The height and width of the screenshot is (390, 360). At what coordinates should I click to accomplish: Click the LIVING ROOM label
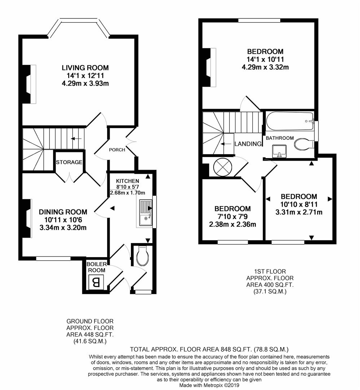(x=85, y=68)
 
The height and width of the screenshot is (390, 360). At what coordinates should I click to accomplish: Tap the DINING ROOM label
(x=63, y=212)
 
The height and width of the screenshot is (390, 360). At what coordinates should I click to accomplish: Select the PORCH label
(x=118, y=150)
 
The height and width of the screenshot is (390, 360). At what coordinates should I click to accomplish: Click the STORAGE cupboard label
(x=69, y=162)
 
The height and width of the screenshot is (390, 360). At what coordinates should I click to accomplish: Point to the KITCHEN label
(x=127, y=181)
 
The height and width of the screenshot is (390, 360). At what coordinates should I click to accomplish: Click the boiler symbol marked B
(x=96, y=282)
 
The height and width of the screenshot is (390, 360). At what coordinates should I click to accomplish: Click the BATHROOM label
(x=280, y=138)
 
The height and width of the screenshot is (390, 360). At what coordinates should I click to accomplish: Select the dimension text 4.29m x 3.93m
(x=85, y=84)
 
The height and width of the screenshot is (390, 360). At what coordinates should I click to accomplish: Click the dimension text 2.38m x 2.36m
(x=232, y=224)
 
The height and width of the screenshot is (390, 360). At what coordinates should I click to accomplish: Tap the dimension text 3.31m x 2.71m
(x=299, y=212)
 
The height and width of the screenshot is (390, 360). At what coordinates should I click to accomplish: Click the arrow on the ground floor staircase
(x=75, y=138)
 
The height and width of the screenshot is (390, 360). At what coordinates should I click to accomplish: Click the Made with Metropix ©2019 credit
(x=209, y=385)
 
